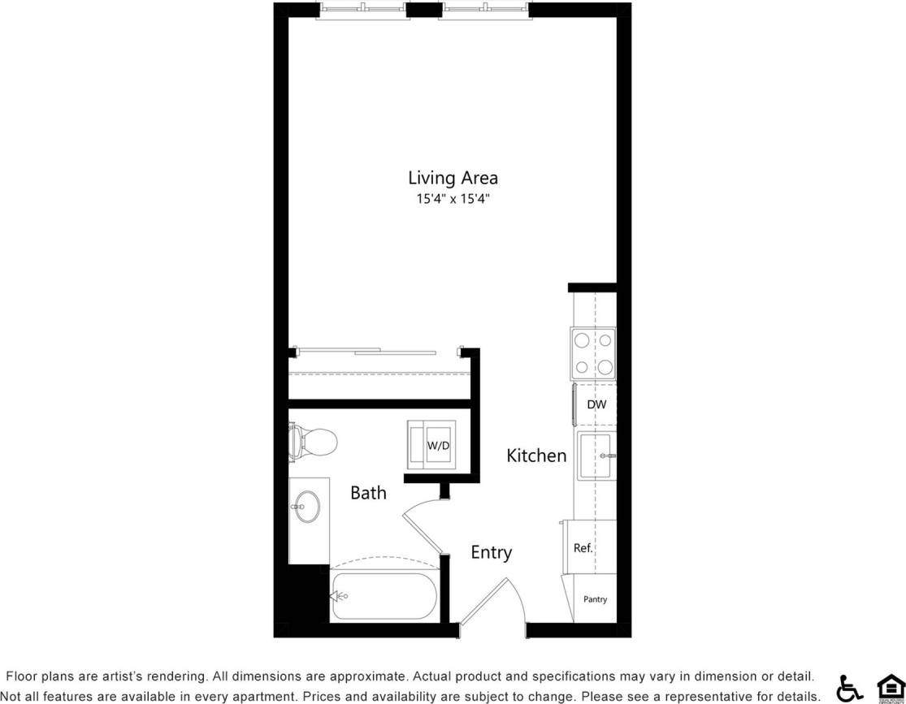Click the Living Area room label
coord(453,178)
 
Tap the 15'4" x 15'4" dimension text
coord(453,199)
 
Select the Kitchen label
coord(536,456)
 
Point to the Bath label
coord(368,493)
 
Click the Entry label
coord(492,553)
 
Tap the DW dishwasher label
coord(596,404)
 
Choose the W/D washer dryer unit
coord(438,445)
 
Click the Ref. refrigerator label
coord(583,548)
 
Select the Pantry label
coord(595,600)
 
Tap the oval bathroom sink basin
coord(307,507)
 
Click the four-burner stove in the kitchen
coord(593,353)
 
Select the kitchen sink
coord(596,457)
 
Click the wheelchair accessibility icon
coord(849,688)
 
